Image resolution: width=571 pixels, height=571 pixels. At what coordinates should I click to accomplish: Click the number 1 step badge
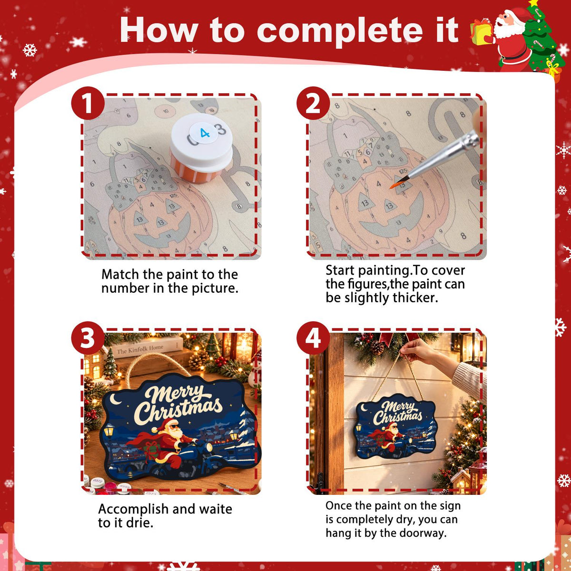[x=88, y=103]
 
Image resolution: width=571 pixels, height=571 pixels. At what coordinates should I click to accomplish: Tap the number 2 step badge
[x=313, y=103]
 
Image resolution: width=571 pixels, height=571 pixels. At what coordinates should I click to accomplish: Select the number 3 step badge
[x=88, y=338]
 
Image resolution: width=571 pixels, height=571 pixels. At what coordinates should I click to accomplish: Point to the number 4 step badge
[x=313, y=338]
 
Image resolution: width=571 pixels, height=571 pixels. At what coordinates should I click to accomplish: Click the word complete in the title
[x=340, y=31]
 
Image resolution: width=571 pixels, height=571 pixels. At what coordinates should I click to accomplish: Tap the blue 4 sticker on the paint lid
[x=203, y=133]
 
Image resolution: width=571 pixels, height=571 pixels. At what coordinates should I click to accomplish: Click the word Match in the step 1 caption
[x=120, y=275]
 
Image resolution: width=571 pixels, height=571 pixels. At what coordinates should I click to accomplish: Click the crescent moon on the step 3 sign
[x=115, y=399]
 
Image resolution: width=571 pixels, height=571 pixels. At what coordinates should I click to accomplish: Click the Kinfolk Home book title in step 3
[x=140, y=350]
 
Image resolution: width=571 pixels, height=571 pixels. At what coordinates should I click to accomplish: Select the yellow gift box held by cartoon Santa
[x=481, y=32]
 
